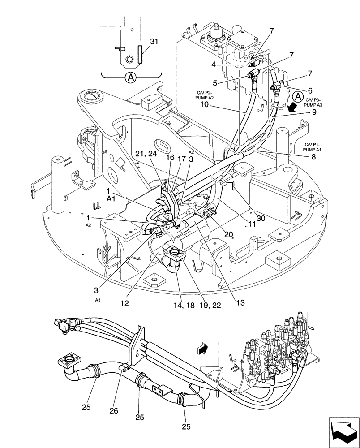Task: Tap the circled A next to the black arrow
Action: (297, 95)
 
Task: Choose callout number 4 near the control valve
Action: (214, 64)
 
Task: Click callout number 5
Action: (215, 82)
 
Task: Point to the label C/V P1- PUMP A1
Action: (314, 147)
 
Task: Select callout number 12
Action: (125, 303)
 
